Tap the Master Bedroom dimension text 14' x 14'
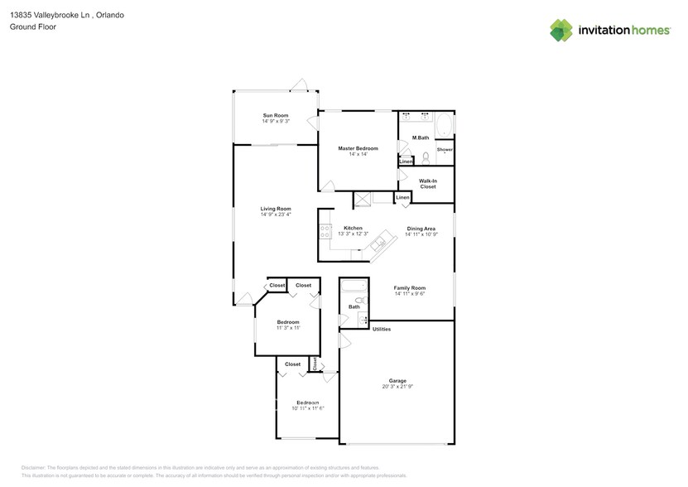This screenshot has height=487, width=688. click(358, 155)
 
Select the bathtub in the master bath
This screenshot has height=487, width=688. click(445, 126)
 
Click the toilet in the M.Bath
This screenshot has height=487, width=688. click(425, 157)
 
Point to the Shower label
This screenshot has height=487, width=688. click(445, 149)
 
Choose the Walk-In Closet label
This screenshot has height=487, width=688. click(427, 184)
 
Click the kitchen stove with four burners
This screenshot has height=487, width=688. click(325, 233)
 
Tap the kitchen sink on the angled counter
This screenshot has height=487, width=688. click(378, 243)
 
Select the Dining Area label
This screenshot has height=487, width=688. click(421, 228)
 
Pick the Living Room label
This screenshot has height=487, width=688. click(276, 209)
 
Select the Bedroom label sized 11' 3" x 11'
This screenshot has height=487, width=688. click(288, 321)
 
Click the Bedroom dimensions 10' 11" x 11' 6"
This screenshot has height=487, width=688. click(307, 408)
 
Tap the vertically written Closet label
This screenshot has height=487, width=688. click(315, 364)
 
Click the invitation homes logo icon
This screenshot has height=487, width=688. click(561, 31)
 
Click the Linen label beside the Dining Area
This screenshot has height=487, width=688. click(402, 197)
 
